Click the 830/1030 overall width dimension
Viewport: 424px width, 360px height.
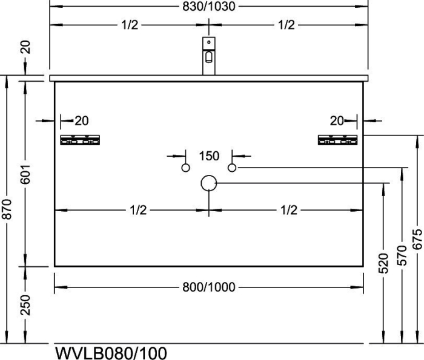(209, 7)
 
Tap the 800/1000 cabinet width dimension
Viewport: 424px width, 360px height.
(209, 287)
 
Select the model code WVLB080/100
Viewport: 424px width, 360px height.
(111, 353)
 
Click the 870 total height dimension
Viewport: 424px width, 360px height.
(7, 209)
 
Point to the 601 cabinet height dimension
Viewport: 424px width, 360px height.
(25, 174)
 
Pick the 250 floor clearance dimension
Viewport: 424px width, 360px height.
(25, 305)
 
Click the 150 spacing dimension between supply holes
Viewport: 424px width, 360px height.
(209, 156)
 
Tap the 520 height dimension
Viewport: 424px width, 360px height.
(383, 263)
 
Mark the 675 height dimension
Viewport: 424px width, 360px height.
(417, 239)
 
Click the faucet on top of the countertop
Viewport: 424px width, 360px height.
(209, 56)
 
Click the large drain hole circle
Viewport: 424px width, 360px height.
(209, 183)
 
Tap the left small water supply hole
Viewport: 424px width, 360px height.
(185, 168)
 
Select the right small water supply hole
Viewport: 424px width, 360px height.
(232, 168)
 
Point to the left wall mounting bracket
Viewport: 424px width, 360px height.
(80, 140)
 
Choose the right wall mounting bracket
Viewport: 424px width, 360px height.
(338, 140)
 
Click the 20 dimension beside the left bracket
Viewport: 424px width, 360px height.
(82, 121)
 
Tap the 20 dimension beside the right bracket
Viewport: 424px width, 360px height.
(337, 121)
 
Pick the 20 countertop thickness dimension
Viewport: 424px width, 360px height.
(25, 47)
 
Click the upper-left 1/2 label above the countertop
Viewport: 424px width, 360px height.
(130, 25)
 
